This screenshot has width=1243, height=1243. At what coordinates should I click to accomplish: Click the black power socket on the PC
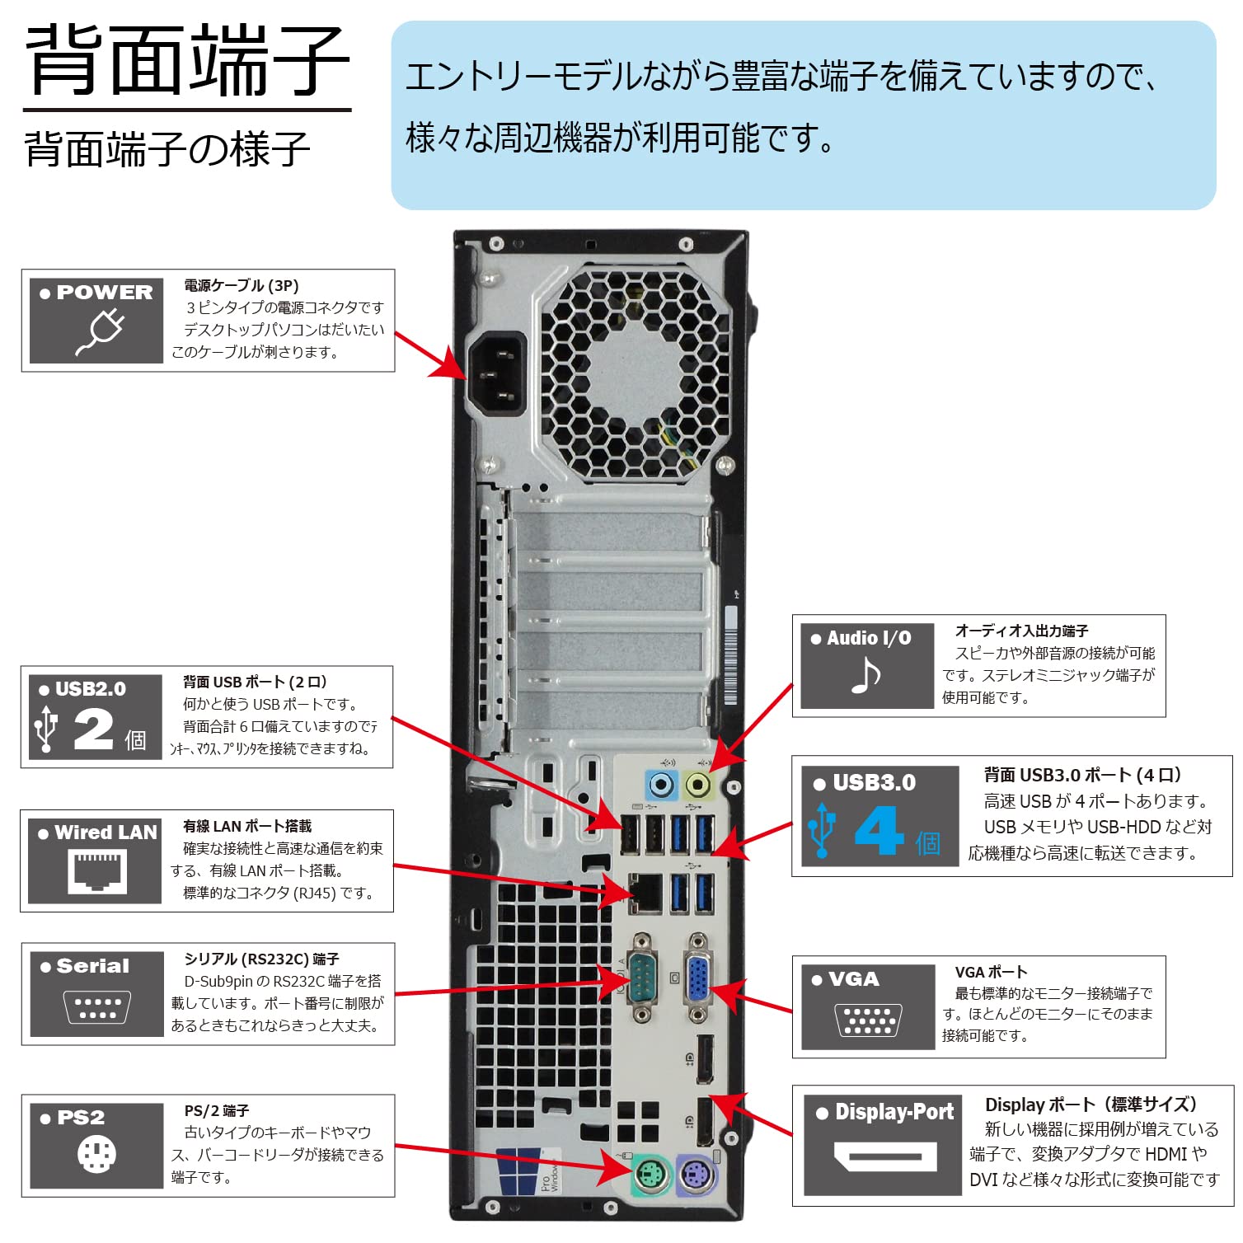(x=497, y=375)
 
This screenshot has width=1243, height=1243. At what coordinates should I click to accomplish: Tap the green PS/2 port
(x=653, y=1174)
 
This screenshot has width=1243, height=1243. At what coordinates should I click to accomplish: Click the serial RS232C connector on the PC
(x=642, y=979)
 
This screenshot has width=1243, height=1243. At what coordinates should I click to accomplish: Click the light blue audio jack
(x=661, y=784)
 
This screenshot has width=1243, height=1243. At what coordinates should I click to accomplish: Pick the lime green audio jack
(x=698, y=784)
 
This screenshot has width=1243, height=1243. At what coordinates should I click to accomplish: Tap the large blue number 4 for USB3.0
(x=879, y=830)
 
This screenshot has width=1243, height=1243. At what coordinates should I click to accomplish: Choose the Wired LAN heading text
(x=105, y=833)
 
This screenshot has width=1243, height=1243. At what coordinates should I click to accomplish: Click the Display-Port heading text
(x=894, y=1112)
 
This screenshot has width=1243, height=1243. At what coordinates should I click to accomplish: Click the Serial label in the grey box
(x=92, y=966)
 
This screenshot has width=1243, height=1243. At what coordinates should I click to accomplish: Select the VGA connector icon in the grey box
(x=868, y=1020)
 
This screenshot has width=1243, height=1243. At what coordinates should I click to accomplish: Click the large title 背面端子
(x=187, y=62)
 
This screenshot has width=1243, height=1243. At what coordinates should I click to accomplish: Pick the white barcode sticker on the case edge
(x=730, y=655)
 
